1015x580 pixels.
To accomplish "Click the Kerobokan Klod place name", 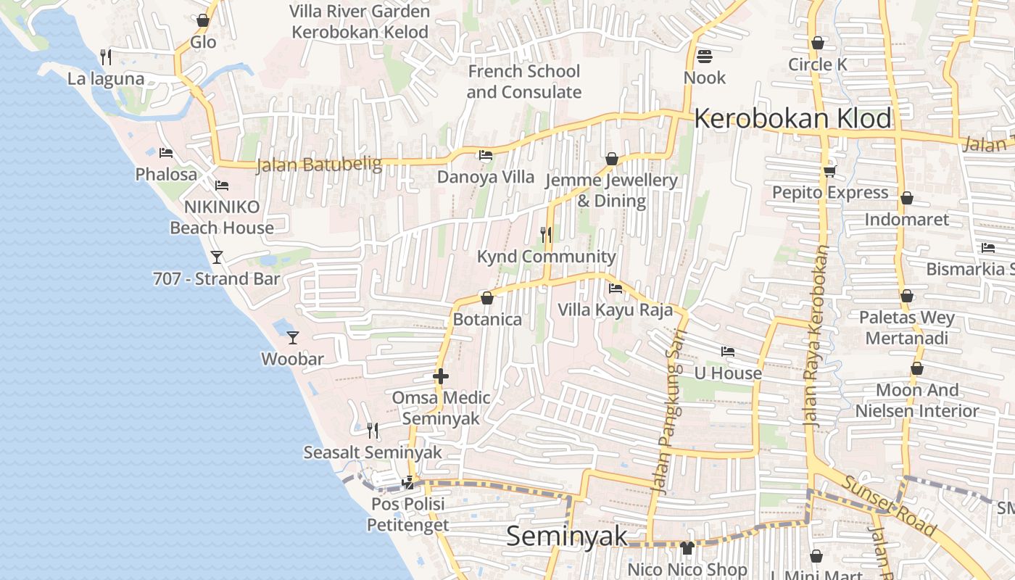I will point(792,118).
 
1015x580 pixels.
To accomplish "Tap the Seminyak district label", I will point(567,536).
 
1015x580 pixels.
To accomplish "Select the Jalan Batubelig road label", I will point(319,165).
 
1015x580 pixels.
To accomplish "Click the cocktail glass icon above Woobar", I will point(293,338).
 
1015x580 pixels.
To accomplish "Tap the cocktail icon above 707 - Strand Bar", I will point(216,257).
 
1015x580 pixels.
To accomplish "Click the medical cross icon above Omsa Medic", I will point(440,376).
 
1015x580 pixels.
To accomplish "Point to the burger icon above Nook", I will point(704,56).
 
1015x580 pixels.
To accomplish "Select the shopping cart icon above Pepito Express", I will point(829,171).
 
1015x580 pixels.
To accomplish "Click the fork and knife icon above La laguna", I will point(106,57).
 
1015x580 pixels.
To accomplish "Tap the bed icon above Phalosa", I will point(166,153).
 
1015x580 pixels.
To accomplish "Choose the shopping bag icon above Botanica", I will point(487,298).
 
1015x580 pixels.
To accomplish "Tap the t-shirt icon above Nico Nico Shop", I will point(687,548).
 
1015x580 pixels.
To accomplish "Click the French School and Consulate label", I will point(523,81).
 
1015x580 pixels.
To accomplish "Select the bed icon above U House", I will point(728,352).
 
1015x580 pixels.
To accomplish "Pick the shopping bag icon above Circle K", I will point(817,43).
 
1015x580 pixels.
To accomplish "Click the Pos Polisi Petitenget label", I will point(407,514).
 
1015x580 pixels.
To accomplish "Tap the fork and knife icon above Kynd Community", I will point(546,235).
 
